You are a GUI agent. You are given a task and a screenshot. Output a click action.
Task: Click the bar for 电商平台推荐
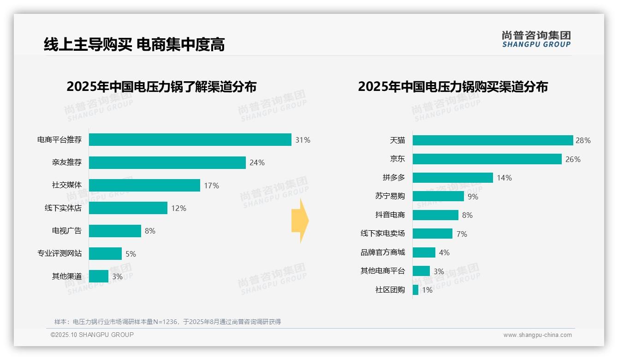point(190,140)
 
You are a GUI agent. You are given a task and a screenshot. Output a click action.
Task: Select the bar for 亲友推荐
point(167,162)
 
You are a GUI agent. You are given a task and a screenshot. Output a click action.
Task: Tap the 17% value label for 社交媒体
point(211,186)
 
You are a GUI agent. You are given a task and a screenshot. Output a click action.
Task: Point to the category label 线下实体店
point(63,208)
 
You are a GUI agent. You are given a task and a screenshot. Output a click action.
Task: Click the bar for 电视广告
point(115,231)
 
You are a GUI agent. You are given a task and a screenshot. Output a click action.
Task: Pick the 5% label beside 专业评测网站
point(131,254)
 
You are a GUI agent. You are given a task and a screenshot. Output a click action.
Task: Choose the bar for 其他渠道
point(99,276)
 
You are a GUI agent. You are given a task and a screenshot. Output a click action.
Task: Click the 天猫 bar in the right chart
point(493,140)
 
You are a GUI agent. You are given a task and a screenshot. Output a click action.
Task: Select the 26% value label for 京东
point(573,159)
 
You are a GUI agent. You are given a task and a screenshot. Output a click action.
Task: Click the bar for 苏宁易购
point(438,196)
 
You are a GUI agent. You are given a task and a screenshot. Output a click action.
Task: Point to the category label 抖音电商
point(390,215)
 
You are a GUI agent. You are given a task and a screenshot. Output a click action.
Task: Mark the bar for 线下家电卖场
point(433,234)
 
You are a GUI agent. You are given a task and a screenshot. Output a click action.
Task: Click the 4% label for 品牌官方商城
point(444,252)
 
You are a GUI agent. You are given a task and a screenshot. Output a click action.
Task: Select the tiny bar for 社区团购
point(416,290)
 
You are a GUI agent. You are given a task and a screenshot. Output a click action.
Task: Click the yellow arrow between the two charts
point(300,221)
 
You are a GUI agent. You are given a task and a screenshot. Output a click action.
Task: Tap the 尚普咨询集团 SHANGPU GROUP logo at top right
point(536,39)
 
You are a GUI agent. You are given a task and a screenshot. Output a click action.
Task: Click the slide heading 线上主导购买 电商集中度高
point(134,44)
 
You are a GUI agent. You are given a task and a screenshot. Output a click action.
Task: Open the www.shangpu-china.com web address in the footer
point(537,335)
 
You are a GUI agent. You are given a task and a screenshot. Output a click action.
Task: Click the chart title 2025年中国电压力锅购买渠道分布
point(452,87)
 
